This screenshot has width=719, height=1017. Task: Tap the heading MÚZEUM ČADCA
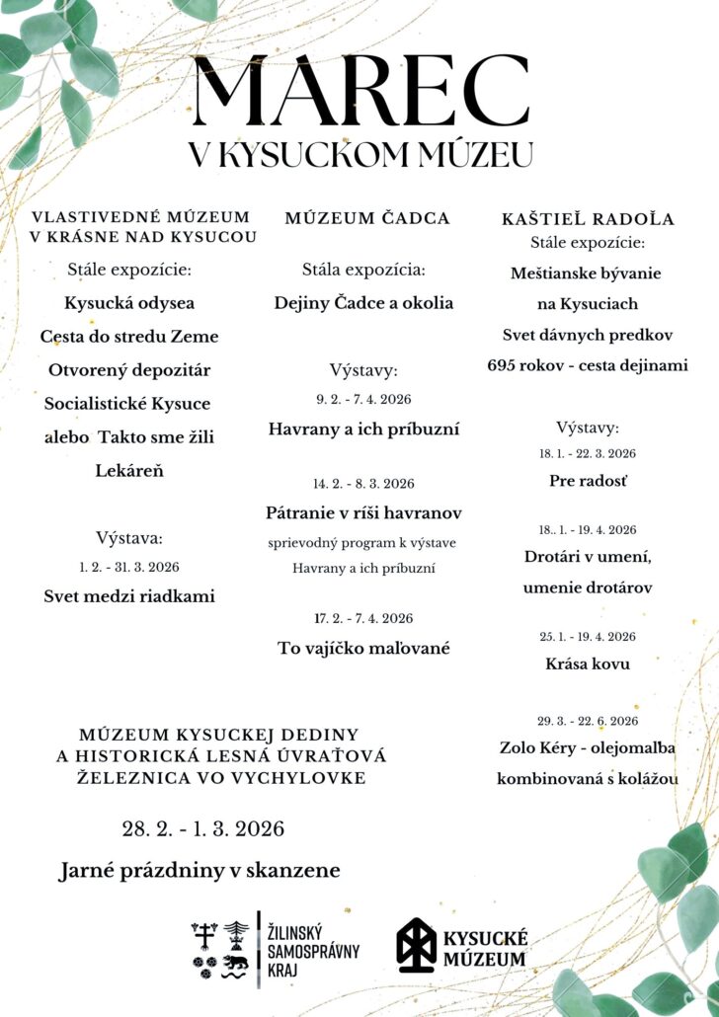pyautogui.click(x=367, y=218)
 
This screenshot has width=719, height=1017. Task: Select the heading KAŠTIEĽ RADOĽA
pyautogui.click(x=588, y=219)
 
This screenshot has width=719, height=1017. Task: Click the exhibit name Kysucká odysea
pyautogui.click(x=129, y=302)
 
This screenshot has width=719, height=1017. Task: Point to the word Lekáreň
pyautogui.click(x=129, y=470)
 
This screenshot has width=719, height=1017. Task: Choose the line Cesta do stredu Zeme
pyautogui.click(x=129, y=336)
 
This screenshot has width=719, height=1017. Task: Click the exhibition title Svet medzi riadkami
pyautogui.click(x=129, y=595)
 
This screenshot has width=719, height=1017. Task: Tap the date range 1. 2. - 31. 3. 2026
pyautogui.click(x=129, y=567)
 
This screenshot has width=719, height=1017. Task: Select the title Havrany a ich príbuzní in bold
pyautogui.click(x=363, y=429)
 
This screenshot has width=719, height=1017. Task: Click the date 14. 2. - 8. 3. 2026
pyautogui.click(x=363, y=484)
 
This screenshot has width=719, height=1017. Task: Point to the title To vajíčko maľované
pyautogui.click(x=363, y=648)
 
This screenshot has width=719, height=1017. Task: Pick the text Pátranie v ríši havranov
pyautogui.click(x=363, y=512)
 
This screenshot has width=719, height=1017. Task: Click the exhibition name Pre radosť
pyautogui.click(x=588, y=481)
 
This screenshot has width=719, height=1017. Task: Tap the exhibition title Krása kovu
pyautogui.click(x=588, y=664)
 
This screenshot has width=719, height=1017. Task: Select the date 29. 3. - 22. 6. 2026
pyautogui.click(x=588, y=720)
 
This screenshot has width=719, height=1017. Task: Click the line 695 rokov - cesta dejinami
pyautogui.click(x=588, y=364)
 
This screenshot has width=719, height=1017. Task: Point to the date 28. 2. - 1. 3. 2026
pyautogui.click(x=203, y=828)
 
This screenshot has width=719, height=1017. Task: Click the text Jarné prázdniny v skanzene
pyautogui.click(x=200, y=870)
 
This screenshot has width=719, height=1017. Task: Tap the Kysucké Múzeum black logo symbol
pyautogui.click(x=416, y=945)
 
